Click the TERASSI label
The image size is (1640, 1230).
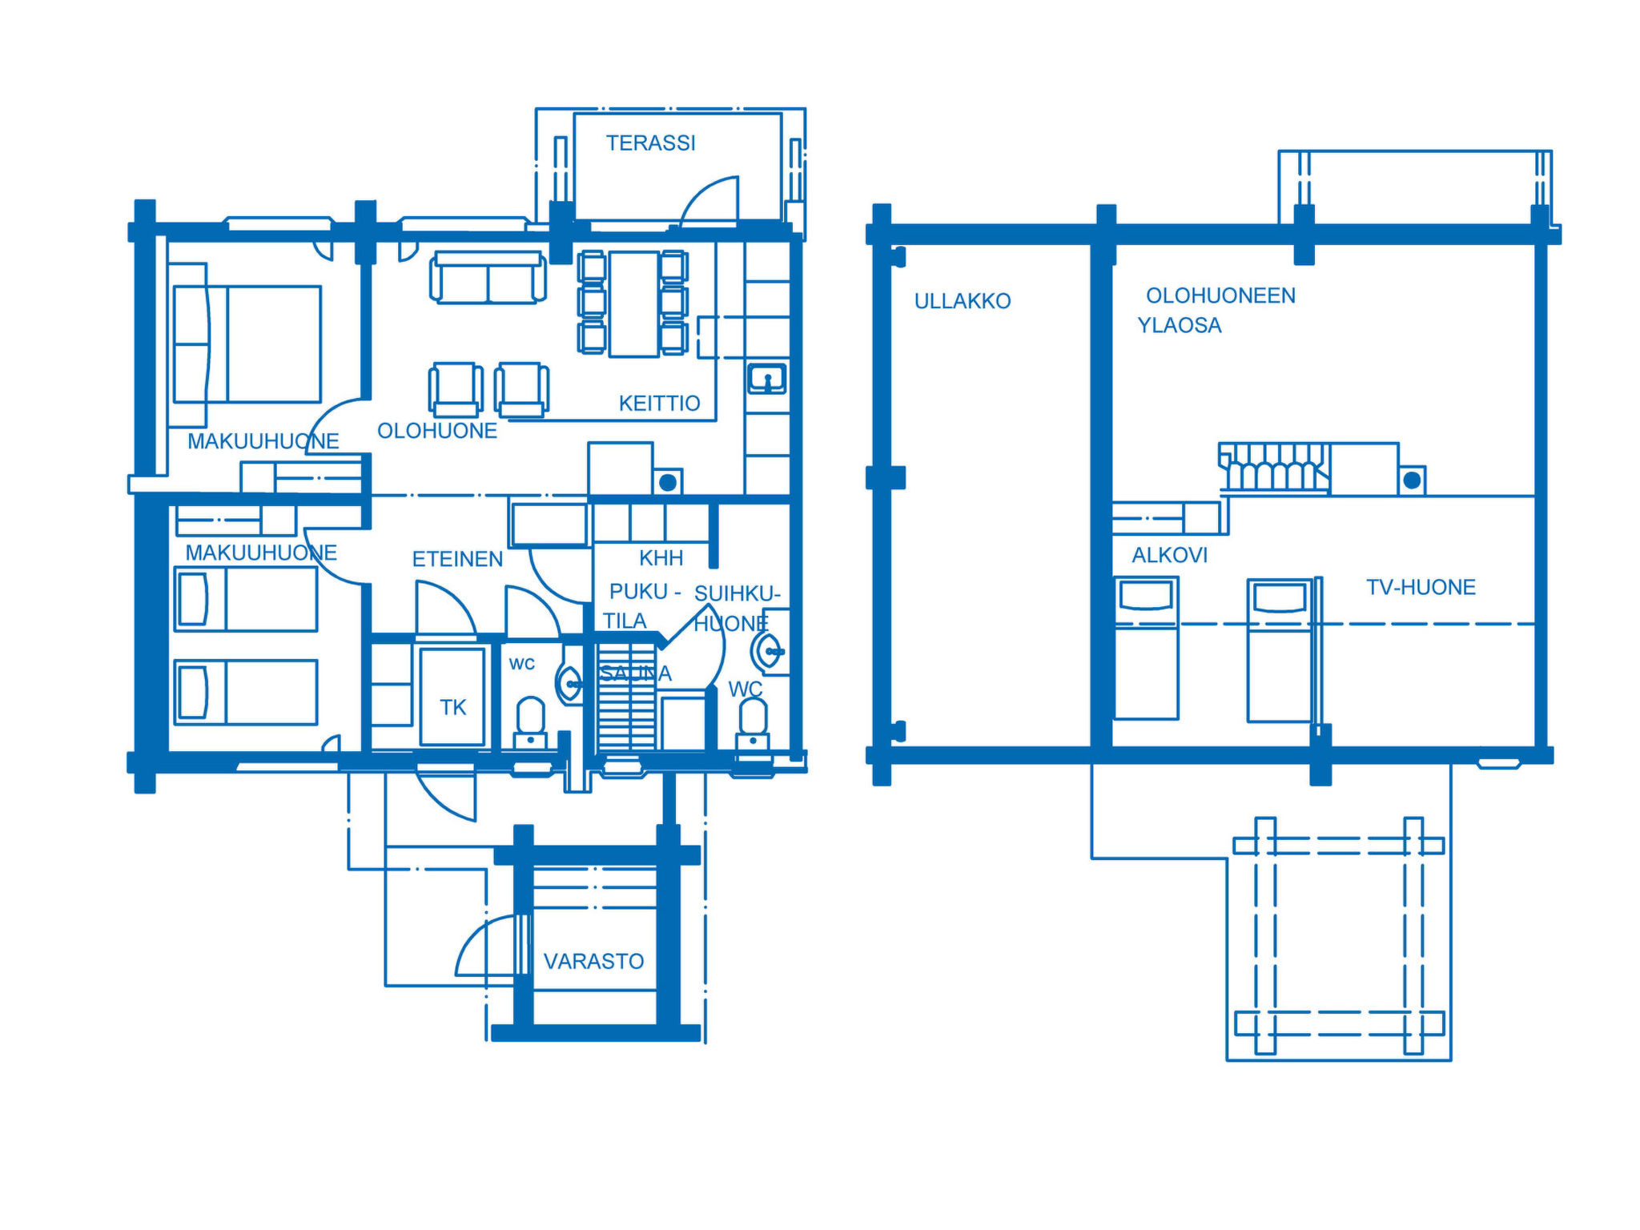click(650, 143)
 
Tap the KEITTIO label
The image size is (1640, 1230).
click(659, 404)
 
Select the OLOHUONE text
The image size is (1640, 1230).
click(437, 431)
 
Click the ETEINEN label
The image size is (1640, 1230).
click(457, 559)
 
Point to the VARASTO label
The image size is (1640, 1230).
click(593, 961)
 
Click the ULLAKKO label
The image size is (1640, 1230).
click(963, 301)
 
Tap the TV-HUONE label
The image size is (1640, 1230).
click(1421, 587)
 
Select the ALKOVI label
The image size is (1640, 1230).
click(1169, 555)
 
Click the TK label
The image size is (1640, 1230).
click(452, 707)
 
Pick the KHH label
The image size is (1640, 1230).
click(661, 557)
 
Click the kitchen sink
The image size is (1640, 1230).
click(766, 378)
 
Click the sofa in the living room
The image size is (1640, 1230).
click(488, 277)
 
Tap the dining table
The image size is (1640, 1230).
click(633, 303)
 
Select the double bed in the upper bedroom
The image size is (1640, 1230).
click(247, 344)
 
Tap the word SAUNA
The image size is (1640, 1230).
click(635, 674)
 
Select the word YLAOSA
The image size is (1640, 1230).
click(1180, 325)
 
